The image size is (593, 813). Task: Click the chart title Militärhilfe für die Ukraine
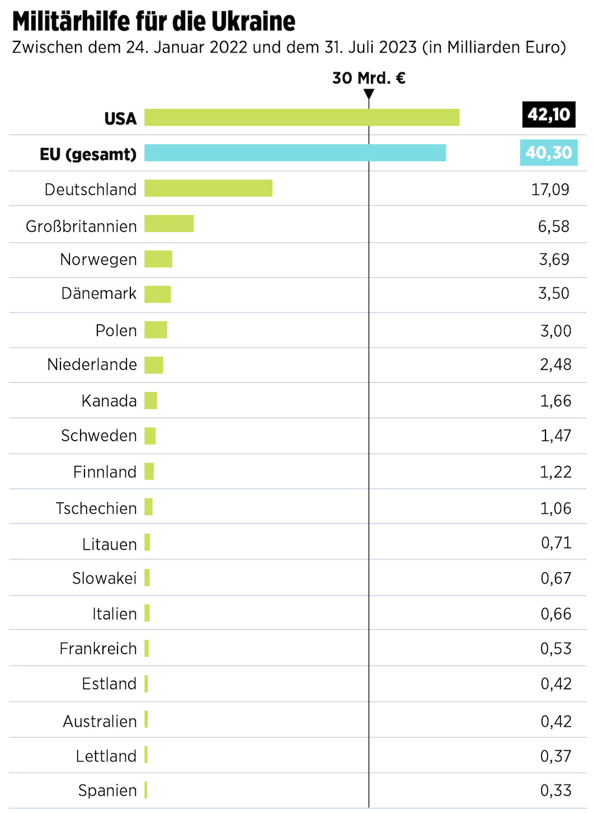tap(154, 22)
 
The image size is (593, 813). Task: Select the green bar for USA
tap(302, 117)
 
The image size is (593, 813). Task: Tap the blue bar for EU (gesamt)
tap(295, 153)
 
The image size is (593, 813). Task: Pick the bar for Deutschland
tap(208, 188)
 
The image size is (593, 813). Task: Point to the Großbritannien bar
tap(169, 224)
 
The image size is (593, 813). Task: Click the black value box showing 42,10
tap(548, 115)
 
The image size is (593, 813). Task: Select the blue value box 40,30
tap(548, 152)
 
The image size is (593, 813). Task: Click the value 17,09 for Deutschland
tap(550, 190)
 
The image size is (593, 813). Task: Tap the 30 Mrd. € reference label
tap(369, 78)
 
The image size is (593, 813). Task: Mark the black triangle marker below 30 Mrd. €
tap(369, 94)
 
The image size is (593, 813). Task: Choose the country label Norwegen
tap(98, 259)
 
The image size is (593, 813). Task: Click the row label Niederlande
tap(92, 365)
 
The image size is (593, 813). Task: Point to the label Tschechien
tap(96, 508)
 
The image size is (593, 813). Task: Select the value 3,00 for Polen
tap(556, 330)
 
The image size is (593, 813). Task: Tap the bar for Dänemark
tap(158, 294)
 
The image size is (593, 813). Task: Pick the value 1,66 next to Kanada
tap(556, 401)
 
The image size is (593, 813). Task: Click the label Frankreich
tap(98, 649)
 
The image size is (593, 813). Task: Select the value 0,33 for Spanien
tap(556, 791)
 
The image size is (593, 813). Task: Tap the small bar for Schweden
tap(150, 436)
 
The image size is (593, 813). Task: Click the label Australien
tap(100, 721)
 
